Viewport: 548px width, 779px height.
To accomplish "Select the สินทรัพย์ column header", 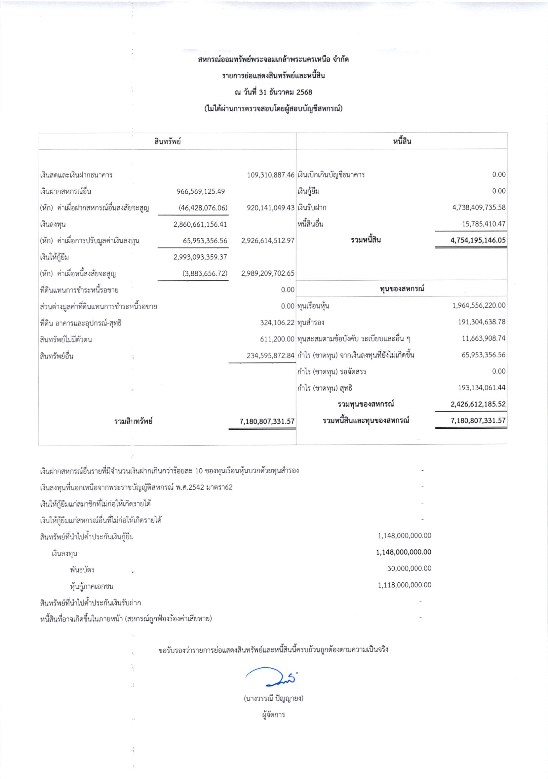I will tap(167, 141).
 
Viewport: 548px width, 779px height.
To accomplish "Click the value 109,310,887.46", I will tap(271, 175).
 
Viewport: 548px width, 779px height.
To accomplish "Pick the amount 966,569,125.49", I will tap(201, 191).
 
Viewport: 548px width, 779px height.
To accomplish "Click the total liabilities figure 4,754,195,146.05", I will tap(478, 240).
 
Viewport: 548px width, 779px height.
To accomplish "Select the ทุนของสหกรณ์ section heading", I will tap(402, 289).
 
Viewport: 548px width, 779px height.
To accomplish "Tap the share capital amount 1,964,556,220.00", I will tap(479, 305).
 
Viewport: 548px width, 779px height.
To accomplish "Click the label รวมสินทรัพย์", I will tap(133, 421).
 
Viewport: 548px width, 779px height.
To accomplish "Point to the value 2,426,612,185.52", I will tap(478, 404).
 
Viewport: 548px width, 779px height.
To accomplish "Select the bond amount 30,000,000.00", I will tap(409, 568).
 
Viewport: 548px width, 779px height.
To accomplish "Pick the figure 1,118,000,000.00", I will tap(405, 585).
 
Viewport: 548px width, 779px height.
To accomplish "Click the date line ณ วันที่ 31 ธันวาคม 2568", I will tap(273, 92).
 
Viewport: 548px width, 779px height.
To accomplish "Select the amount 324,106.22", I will tap(277, 323).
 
